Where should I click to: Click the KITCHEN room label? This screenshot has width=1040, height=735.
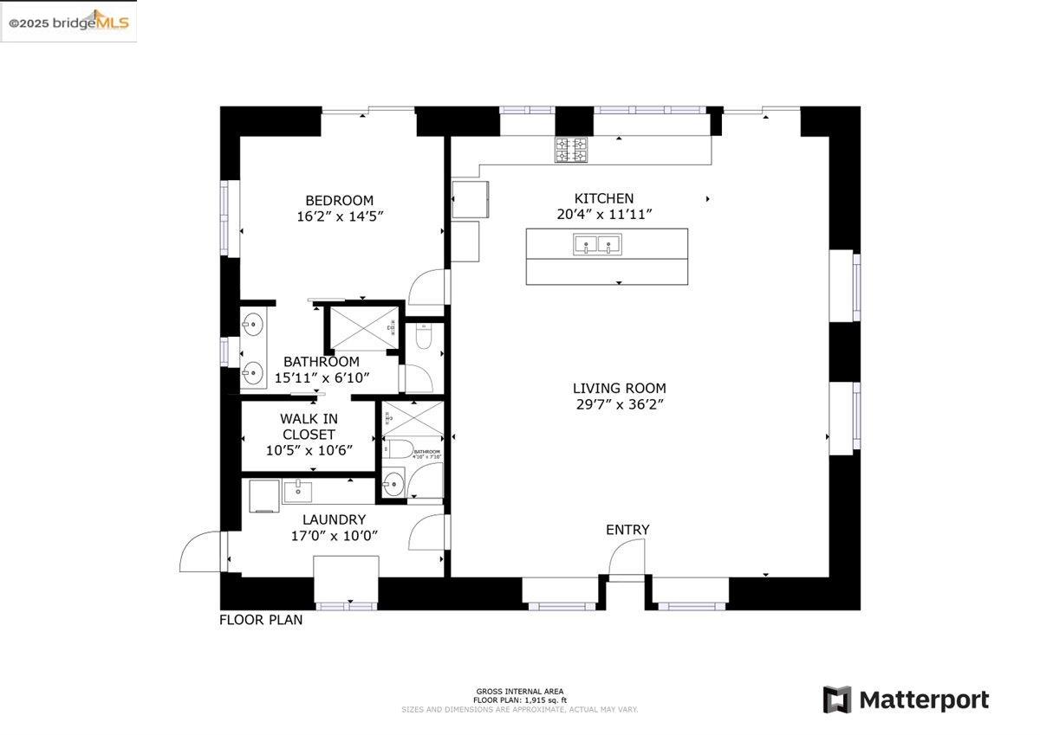point(604,198)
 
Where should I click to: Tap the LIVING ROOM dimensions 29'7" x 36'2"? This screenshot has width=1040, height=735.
point(619,403)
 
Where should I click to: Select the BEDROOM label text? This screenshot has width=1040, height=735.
point(339,200)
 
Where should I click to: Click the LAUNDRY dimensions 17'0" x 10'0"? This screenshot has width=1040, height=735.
point(335,536)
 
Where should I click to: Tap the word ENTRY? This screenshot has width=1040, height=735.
point(627,530)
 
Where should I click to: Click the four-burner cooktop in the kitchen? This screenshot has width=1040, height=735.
point(571,150)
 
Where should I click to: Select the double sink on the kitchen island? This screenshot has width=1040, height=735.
point(597,245)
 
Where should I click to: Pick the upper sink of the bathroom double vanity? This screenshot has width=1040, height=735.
point(252,326)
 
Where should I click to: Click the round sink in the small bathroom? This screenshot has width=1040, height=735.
point(394,483)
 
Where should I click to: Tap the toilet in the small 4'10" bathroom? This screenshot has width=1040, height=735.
point(400,448)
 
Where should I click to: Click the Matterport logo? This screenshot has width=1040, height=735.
point(906,700)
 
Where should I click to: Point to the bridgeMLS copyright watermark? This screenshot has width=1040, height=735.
point(68,22)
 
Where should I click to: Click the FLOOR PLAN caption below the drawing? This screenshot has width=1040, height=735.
point(261,620)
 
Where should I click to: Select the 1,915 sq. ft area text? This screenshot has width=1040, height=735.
point(519,700)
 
